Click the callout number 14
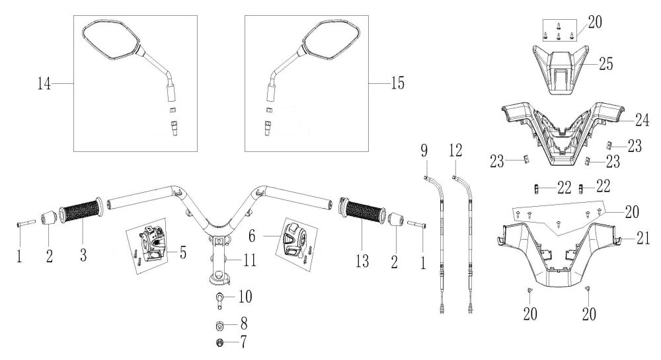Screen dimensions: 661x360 (x=44, y=83)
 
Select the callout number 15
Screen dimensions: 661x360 (x=397, y=83)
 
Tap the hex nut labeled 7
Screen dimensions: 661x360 (x=219, y=343)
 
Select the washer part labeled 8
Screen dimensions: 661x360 (x=219, y=326)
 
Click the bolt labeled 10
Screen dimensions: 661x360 (x=219, y=299)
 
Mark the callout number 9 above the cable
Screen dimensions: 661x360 (x=424, y=151)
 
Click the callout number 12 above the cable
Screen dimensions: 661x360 (x=455, y=151)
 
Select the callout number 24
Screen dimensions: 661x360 (x=642, y=120)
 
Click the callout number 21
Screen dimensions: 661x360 (x=643, y=238)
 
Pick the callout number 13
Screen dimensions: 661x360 (x=362, y=262)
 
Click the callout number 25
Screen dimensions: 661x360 (x=605, y=64)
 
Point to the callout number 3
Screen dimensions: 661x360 (x=83, y=255)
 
